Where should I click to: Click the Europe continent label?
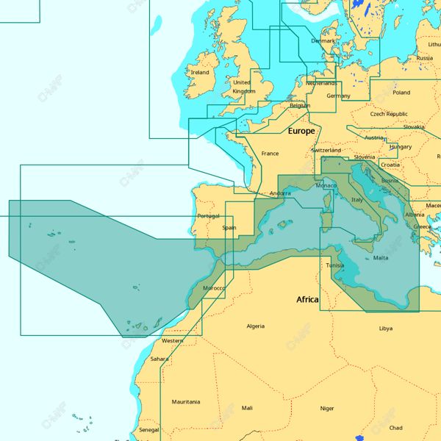coord(301,131)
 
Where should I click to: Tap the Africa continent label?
coord(307,300)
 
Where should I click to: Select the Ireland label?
coord(200,73)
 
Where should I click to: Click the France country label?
coord(270,154)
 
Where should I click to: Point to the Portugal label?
coord(209,216)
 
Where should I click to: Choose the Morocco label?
coord(214,288)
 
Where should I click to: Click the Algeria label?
coord(255,326)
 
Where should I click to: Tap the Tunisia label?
coord(334,265)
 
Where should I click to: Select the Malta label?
coord(381,258)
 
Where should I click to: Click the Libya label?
coord(386,329)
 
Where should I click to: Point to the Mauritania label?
coord(186,402)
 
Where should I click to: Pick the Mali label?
coord(247,408)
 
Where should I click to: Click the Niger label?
coord(327,408)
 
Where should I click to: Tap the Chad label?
coord(395,428)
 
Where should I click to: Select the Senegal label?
coord(148,430)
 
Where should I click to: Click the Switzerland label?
coord(326,150)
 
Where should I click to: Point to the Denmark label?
coord(323,41)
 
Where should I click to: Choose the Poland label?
coord(401,93)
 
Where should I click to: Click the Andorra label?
coord(280,194)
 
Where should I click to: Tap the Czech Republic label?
coord(389,114)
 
